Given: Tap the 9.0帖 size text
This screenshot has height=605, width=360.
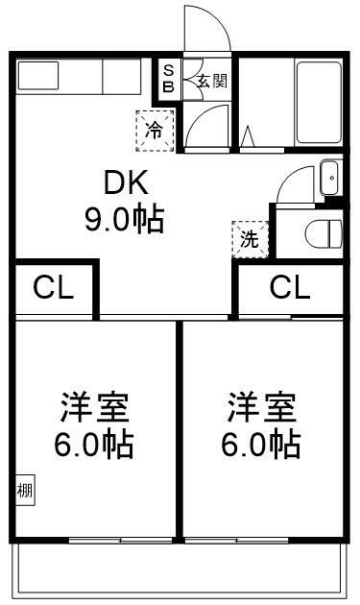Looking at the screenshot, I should [x=122, y=220].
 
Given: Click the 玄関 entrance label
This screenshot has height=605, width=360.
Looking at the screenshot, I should [x=211, y=81].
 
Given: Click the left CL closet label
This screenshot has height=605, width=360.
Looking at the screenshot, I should [x=54, y=287].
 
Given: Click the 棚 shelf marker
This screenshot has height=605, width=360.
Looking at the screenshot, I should [x=25, y=491].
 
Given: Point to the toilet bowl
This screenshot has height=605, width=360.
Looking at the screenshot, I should [x=322, y=233].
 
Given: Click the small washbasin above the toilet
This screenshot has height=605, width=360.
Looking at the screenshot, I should [x=328, y=177].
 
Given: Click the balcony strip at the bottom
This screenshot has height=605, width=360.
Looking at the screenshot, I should [x=179, y=569].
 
